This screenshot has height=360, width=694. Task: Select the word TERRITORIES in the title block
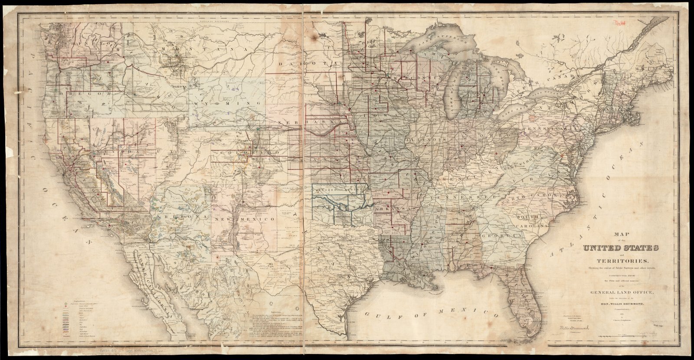coord(617,261)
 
